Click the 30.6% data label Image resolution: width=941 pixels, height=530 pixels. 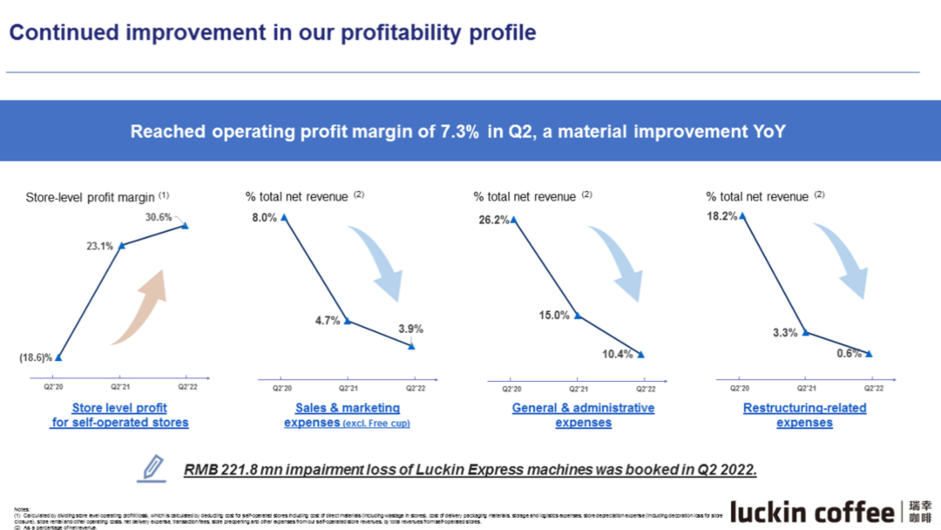(158, 217)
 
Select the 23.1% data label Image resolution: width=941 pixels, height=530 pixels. (99, 246)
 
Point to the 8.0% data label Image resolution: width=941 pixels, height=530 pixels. (264, 217)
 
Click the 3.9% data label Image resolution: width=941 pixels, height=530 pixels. (410, 330)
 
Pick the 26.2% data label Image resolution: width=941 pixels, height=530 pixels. (493, 221)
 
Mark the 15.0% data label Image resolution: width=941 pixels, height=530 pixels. (553, 316)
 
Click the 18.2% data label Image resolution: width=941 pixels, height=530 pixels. (722, 216)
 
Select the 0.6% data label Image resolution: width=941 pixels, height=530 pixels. (848, 354)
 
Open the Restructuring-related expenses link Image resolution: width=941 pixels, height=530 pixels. (804, 415)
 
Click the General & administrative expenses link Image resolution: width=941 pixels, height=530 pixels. (583, 415)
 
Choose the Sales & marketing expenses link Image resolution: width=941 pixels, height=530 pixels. (346, 415)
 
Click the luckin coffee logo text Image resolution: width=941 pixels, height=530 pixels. (810, 511)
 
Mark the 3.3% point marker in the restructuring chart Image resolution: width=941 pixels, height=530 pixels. (805, 332)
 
